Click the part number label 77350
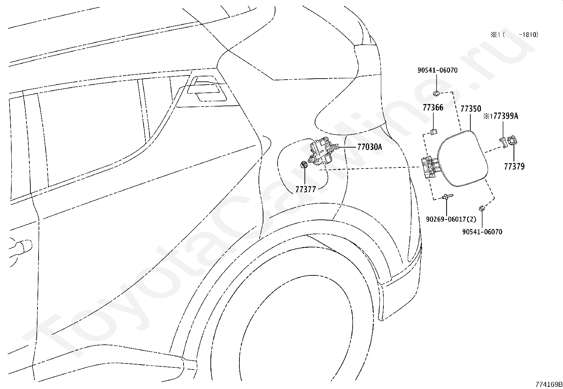pos(471,109)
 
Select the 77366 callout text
pos(433,108)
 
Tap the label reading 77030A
pos(370,147)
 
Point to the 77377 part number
pos(306,189)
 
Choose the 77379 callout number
pos(514,166)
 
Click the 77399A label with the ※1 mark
pos(501,116)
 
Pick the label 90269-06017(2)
pos(451,219)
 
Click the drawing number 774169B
pos(549,384)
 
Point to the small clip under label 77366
pos(433,132)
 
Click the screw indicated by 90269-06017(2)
pos(447,196)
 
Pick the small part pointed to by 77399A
pos(503,142)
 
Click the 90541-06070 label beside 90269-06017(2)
pos(482,232)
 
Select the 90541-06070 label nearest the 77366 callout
pos(437,70)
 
